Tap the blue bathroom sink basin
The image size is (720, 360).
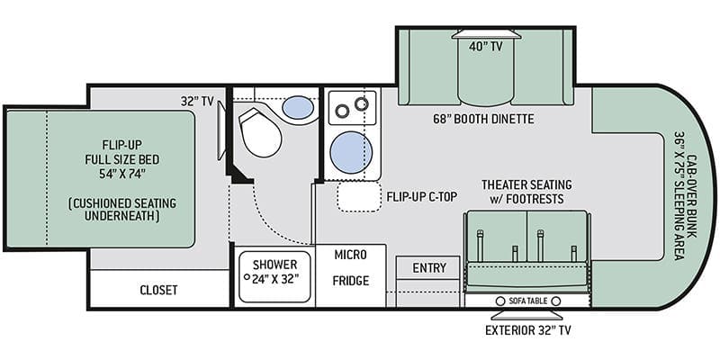pyautogui.click(x=298, y=107)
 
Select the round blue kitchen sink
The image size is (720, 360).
pyautogui.click(x=351, y=152)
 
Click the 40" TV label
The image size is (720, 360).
pyautogui.click(x=486, y=46)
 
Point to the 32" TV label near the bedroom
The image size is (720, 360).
pyautogui.click(x=197, y=102)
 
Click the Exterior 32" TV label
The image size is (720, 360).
pyautogui.click(x=528, y=330)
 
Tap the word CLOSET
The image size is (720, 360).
pyautogui.click(x=158, y=290)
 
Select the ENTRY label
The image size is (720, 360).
pyautogui.click(x=429, y=267)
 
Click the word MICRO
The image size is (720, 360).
pyautogui.click(x=350, y=255)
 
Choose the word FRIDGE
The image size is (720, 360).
pyautogui.click(x=351, y=281)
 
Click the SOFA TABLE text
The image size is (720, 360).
pyautogui.click(x=528, y=301)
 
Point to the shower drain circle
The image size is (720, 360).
pyautogui.click(x=247, y=277)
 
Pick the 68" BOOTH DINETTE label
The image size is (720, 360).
pyautogui.click(x=483, y=120)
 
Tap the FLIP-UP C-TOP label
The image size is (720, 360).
pyautogui.click(x=422, y=196)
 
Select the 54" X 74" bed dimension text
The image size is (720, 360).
pyautogui.click(x=124, y=174)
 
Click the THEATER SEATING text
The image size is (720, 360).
pyautogui.click(x=526, y=184)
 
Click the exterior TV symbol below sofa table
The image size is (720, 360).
pyautogui.click(x=527, y=316)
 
